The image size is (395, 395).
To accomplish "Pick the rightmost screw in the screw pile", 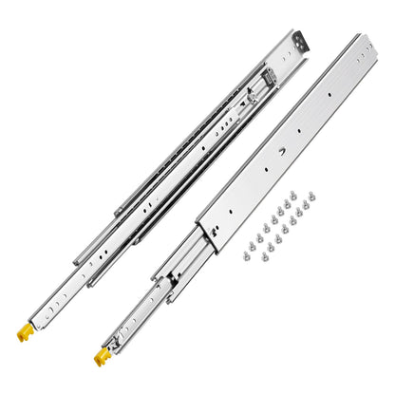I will (x=313, y=195).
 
